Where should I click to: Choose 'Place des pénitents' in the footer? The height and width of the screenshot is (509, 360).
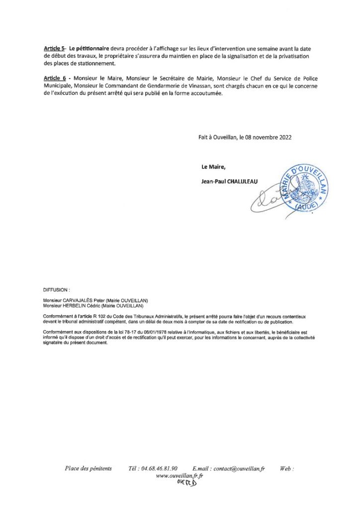[89, 469]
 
